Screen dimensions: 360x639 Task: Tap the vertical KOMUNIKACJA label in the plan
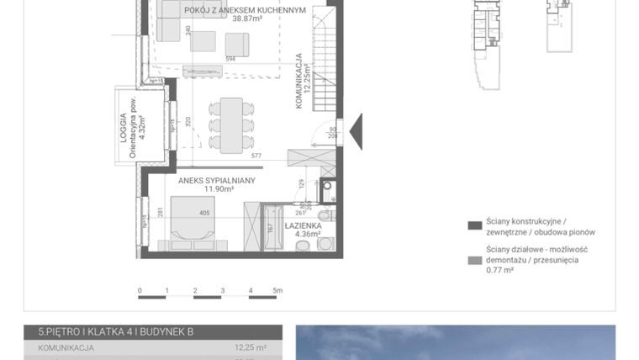coord(298,81)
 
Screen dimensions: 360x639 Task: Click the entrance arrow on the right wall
coord(356,131)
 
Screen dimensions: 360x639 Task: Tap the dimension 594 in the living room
coord(230,59)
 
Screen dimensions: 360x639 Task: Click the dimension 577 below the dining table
coord(256,156)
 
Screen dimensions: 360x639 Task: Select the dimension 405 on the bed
coord(204,214)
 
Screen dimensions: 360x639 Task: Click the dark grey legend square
coord(475,225)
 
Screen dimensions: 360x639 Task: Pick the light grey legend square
coord(475,261)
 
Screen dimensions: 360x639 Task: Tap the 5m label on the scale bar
coord(278,290)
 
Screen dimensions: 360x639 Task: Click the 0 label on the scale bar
coord(140,290)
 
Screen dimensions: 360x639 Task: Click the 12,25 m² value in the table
coord(250,347)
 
